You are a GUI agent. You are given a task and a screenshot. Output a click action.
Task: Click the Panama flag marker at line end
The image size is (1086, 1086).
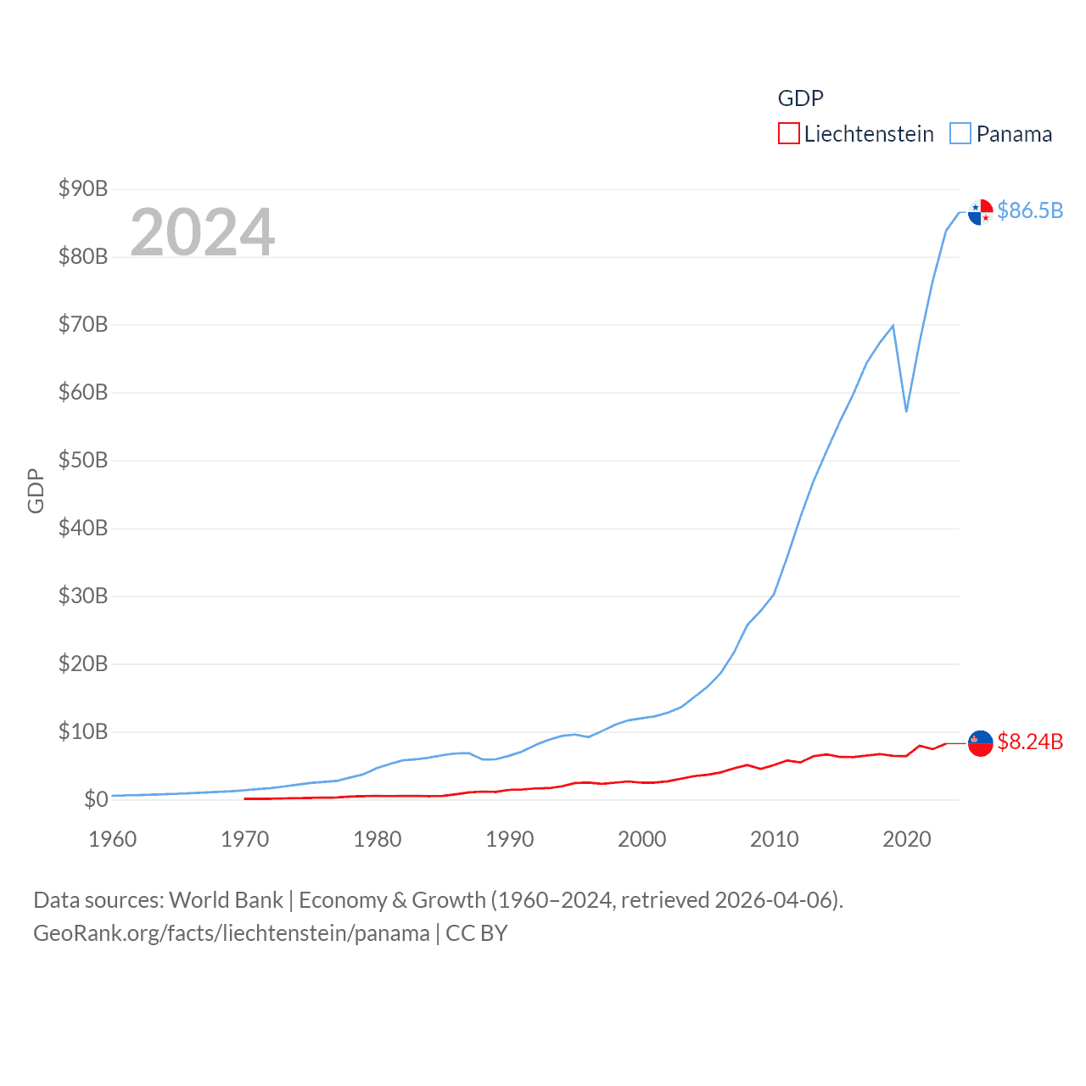tap(980, 212)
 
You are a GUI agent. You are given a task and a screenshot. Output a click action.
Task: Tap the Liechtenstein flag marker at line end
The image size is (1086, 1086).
tap(980, 743)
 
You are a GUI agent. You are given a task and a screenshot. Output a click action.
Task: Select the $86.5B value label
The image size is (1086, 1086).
tap(1030, 210)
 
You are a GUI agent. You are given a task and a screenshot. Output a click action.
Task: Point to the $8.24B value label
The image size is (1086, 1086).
tap(1030, 742)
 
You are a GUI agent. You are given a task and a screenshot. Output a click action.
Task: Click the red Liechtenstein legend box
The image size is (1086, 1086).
tap(788, 134)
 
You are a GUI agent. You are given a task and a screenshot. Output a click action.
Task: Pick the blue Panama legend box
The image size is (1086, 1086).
tap(960, 134)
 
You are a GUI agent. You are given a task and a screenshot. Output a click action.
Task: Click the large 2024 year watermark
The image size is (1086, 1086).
tap(203, 232)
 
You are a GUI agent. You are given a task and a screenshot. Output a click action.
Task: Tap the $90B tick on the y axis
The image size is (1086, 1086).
tap(83, 188)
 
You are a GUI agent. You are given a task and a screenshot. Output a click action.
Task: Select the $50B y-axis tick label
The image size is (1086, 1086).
tap(83, 460)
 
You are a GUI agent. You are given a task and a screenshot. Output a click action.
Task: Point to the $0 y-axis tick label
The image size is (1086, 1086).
tap(96, 799)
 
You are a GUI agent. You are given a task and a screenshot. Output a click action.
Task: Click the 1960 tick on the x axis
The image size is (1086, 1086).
tap(113, 839)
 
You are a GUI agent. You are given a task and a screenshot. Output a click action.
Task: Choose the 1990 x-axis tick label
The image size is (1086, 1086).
tap(510, 839)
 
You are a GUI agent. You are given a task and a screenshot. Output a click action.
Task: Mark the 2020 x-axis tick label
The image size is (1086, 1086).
tap(907, 839)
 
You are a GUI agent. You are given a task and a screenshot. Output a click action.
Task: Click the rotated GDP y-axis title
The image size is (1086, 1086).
tap(36, 490)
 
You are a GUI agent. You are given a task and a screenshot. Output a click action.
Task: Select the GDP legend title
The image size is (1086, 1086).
tap(800, 98)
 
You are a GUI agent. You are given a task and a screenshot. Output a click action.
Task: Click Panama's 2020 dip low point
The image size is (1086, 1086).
tap(906, 411)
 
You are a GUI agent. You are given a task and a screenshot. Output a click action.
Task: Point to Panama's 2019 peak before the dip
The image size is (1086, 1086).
tap(893, 326)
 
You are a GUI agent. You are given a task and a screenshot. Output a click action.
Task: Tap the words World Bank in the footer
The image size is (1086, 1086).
tap(227, 899)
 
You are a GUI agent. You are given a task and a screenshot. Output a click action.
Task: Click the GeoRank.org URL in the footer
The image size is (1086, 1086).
tap(231, 933)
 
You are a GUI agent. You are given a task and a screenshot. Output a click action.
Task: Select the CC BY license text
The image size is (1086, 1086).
tap(477, 933)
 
